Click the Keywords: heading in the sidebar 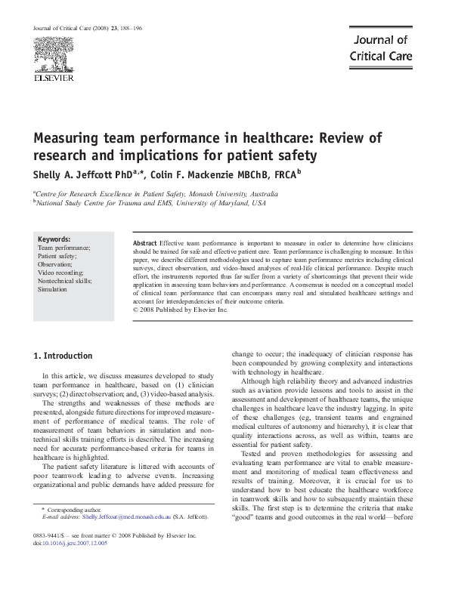[54, 239]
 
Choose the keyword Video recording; [63, 273]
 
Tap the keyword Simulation [53, 289]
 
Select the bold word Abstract [145, 243]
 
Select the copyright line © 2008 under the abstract [180, 310]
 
